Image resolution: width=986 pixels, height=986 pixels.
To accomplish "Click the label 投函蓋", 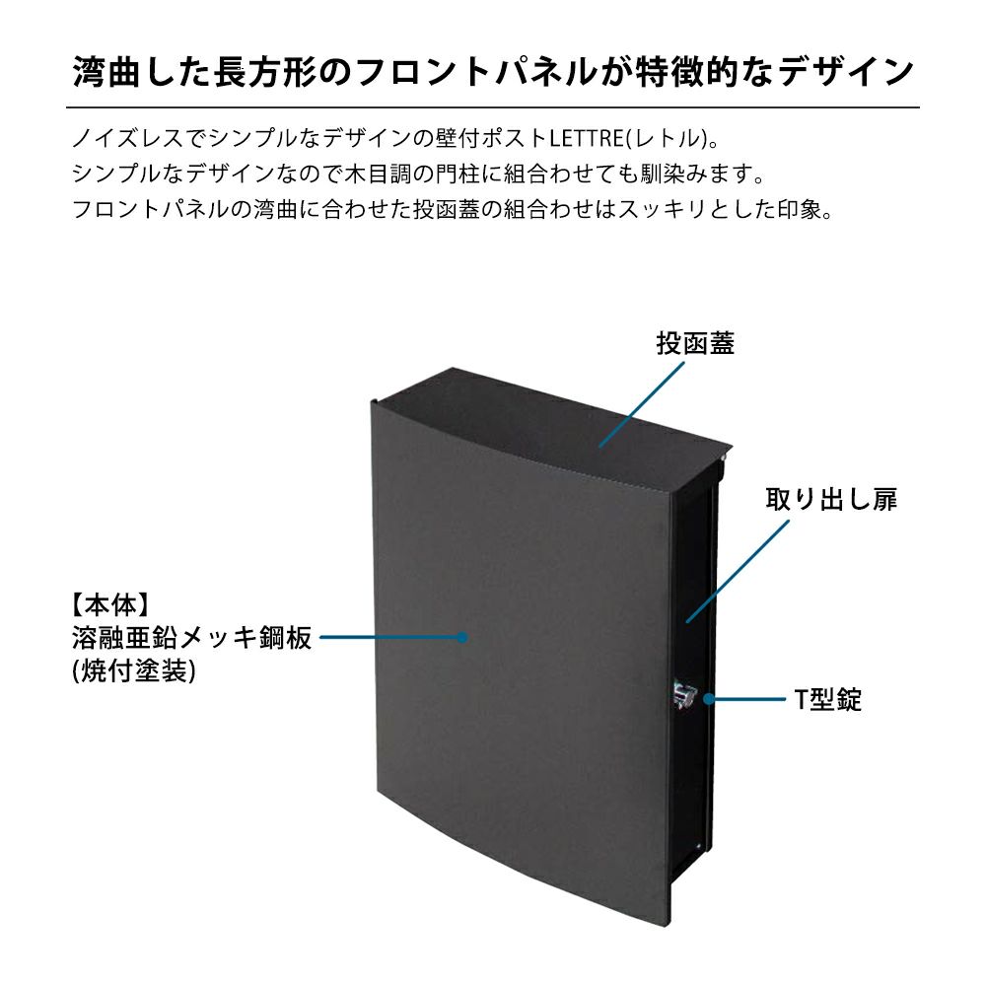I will pos(695,343).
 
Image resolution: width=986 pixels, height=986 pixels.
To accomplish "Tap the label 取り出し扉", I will pos(831,499).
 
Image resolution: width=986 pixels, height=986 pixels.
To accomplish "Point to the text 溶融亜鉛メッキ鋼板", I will pos(191,638).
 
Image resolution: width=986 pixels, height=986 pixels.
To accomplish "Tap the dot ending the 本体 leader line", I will pos(461,638).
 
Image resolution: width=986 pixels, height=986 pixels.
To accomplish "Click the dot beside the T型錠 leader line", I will pos(707,699).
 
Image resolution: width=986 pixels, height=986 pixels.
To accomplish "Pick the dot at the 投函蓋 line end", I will pos(599,446).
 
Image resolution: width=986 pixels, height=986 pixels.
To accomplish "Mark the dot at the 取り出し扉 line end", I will pos(689,620).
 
